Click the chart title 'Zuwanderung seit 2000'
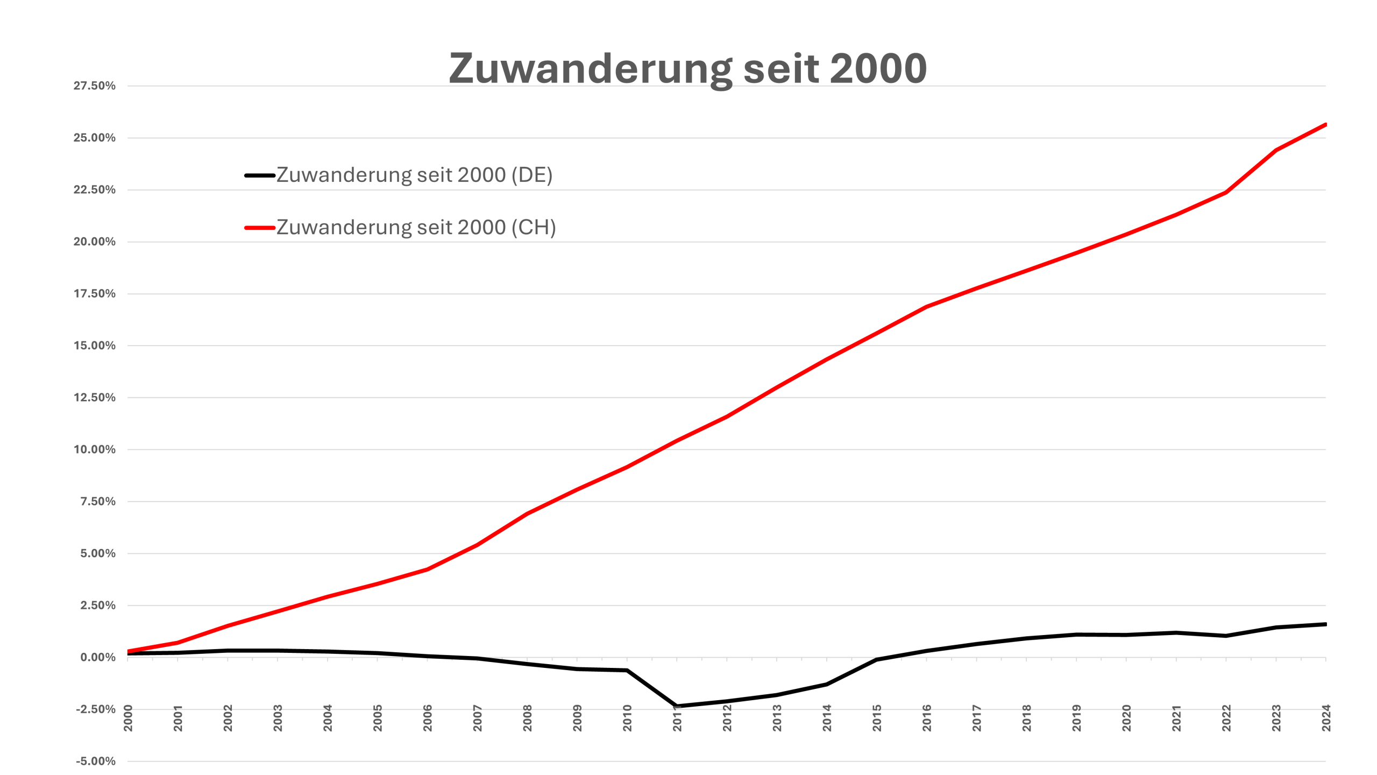[688, 69]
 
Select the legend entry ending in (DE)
[414, 175]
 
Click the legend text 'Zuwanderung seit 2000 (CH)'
[416, 228]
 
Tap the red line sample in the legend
[260, 228]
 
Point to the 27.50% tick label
[95, 86]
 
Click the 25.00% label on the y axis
[95, 138]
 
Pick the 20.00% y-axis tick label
[95, 242]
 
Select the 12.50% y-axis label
[95, 398]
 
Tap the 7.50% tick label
[98, 502]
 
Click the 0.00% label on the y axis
[98, 657]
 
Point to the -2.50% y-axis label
[96, 709]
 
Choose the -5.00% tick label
[96, 761]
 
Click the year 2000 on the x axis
[128, 718]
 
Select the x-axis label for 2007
[477, 718]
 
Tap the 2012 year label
[727, 718]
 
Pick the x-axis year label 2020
[1126, 718]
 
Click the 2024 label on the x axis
[1326, 718]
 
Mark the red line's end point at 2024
[1325, 125]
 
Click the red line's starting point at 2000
[128, 651]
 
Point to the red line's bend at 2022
[1226, 192]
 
